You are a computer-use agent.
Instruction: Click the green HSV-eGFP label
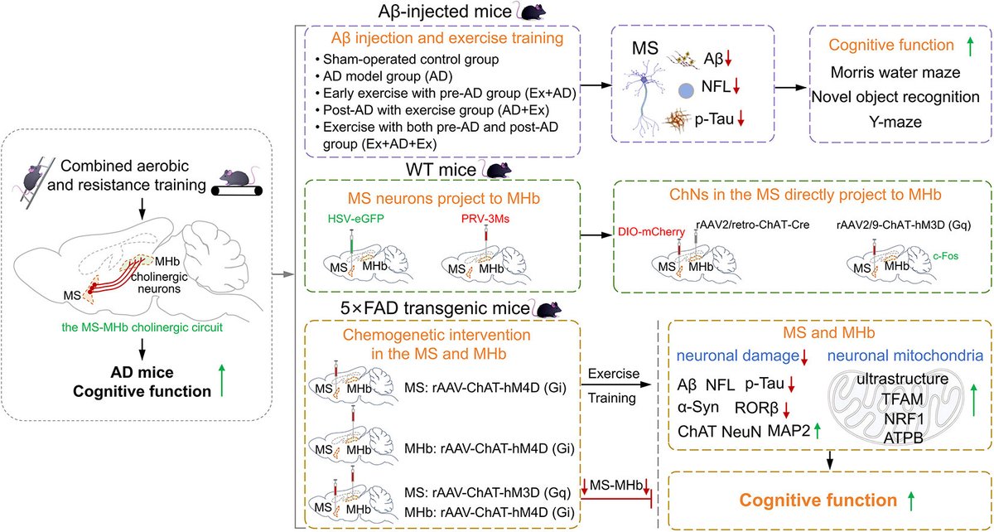click(x=356, y=219)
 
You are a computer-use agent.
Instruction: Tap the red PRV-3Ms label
click(x=485, y=219)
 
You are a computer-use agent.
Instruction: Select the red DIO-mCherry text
click(x=651, y=232)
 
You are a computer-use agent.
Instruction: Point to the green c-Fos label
click(x=945, y=256)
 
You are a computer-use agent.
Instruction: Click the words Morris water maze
click(x=895, y=72)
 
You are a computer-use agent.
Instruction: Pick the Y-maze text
click(x=895, y=122)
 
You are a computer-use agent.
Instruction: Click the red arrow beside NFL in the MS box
click(x=736, y=85)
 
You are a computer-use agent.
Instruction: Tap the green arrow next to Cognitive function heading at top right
click(x=970, y=46)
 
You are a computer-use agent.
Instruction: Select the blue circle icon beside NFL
click(x=686, y=91)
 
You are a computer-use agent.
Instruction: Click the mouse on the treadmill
click(x=237, y=178)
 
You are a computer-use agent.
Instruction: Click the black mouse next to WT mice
click(x=499, y=170)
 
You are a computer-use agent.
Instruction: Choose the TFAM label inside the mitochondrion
click(x=902, y=399)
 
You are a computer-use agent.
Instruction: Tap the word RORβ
click(x=756, y=408)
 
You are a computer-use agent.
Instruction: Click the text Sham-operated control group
click(x=411, y=60)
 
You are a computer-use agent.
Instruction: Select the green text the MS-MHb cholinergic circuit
click(x=142, y=327)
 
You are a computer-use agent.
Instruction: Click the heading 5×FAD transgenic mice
click(x=435, y=308)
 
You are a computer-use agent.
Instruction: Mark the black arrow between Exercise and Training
click(x=616, y=384)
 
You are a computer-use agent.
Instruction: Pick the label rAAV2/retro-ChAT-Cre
click(x=753, y=225)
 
